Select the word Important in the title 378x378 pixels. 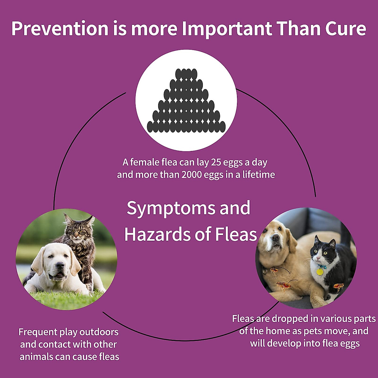tap(227, 29)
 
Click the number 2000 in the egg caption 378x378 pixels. tap(192, 175)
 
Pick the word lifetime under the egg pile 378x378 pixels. tap(258, 175)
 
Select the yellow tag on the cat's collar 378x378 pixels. tap(320, 272)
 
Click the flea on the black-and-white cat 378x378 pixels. tap(338, 287)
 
